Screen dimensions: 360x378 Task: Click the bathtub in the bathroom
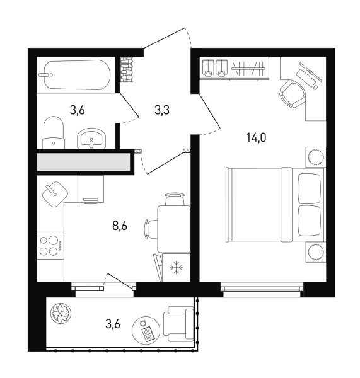[x=77, y=75]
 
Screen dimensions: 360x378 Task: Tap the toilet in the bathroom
[x=54, y=133]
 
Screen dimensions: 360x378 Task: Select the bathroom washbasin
[x=91, y=139]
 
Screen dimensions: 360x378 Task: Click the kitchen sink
[x=55, y=194]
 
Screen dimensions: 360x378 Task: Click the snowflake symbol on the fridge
[x=177, y=267]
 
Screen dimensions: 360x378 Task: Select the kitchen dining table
[x=174, y=229]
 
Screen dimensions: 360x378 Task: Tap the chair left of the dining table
[x=151, y=229]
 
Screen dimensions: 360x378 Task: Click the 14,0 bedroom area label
[x=256, y=137]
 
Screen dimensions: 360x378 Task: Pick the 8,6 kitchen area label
[x=120, y=226]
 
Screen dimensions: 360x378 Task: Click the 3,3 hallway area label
[x=162, y=110]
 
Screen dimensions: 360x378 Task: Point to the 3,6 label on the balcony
[x=113, y=324]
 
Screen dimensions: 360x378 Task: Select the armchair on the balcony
[x=178, y=324]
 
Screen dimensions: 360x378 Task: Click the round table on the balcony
[x=146, y=330]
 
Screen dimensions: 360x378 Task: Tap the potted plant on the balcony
[x=61, y=314]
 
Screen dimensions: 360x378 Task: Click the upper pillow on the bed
[x=310, y=189]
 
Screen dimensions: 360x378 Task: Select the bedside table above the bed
[x=316, y=157]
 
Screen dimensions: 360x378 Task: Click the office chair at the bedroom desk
[x=293, y=93]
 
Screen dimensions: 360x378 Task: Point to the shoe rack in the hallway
[x=126, y=70]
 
